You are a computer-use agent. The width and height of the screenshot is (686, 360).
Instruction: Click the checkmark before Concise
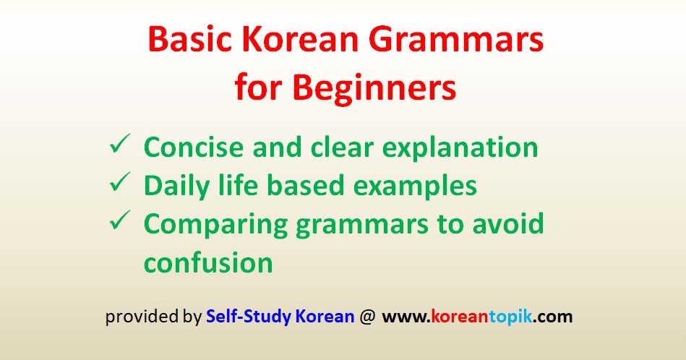(119, 146)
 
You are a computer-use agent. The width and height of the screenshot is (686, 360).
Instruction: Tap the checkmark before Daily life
(119, 185)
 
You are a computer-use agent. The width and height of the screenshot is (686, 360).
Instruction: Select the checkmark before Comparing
(119, 223)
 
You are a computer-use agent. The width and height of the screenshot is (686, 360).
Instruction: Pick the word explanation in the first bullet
(455, 147)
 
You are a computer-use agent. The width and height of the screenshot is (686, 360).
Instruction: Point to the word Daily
(171, 186)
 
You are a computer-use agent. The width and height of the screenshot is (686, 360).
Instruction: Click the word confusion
(208, 262)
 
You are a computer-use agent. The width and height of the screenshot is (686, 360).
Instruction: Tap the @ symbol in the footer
(367, 317)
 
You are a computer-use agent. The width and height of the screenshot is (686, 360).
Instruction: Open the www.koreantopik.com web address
(477, 317)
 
